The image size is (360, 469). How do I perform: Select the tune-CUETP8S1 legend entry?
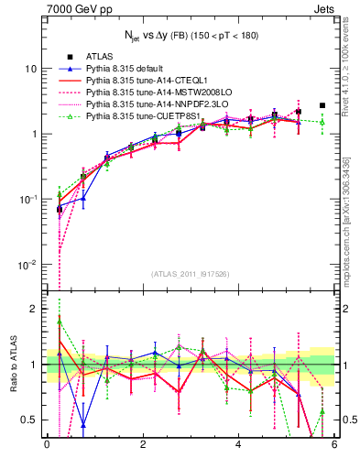click(x=136, y=116)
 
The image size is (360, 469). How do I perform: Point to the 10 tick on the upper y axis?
click(x=30, y=69)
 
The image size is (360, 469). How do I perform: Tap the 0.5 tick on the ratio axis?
click(x=28, y=420)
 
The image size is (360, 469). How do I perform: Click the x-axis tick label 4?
click(x=238, y=445)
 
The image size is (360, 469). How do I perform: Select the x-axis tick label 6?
click(x=334, y=445)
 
